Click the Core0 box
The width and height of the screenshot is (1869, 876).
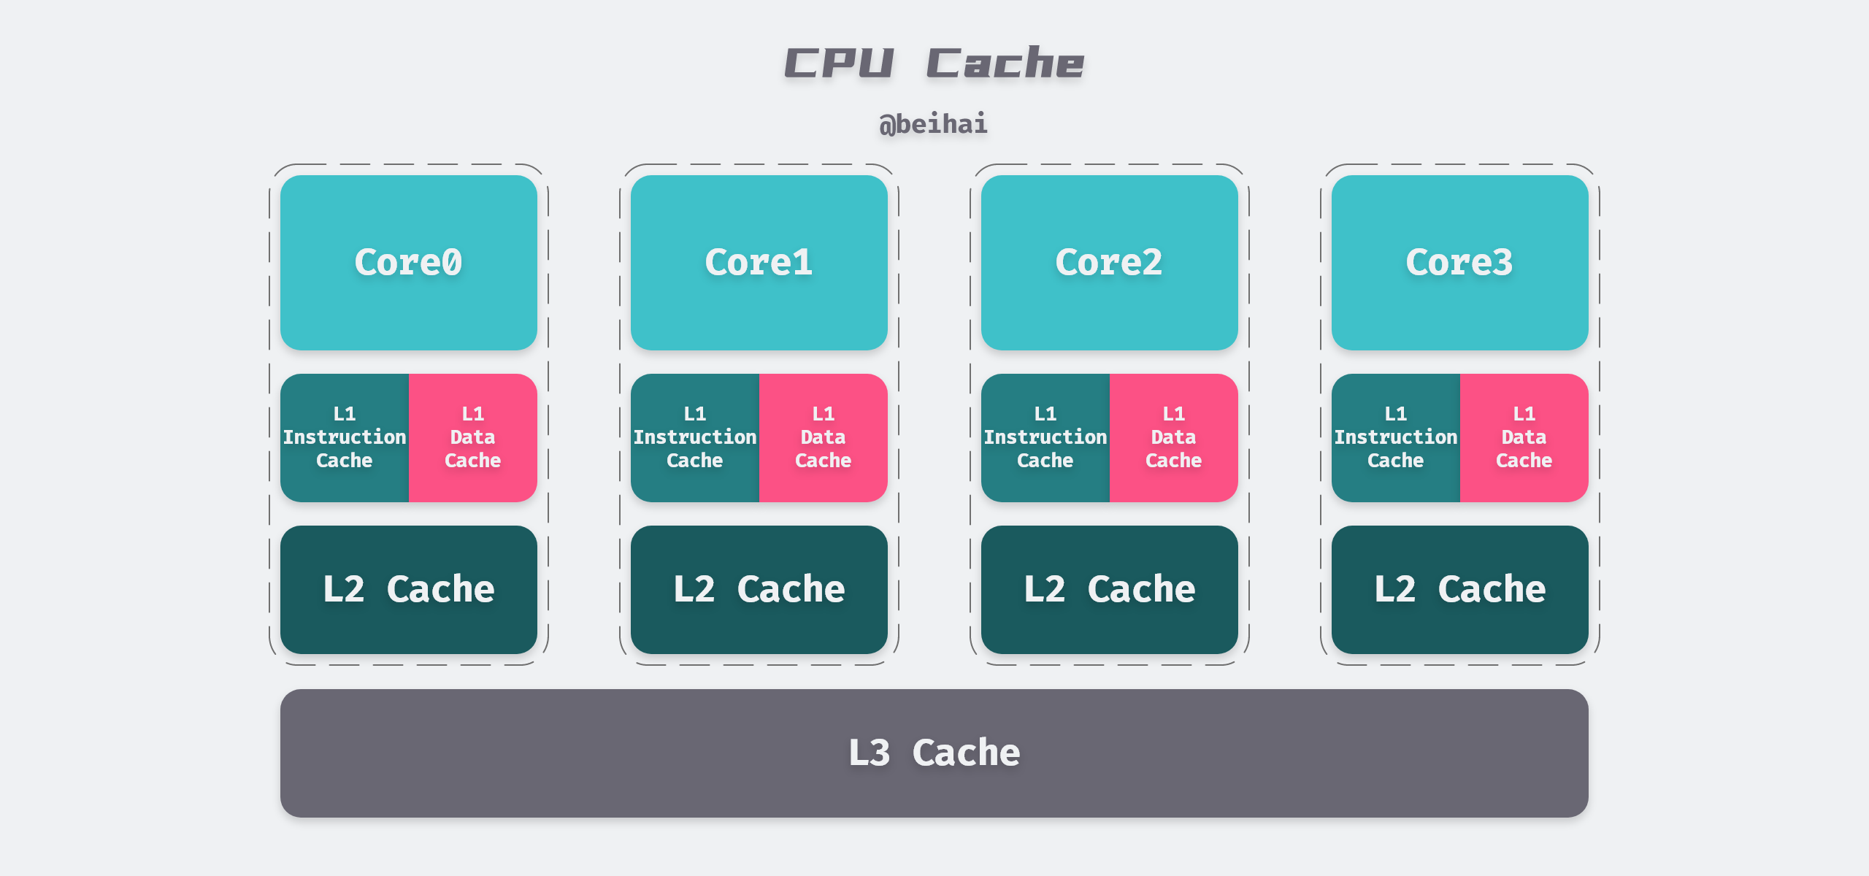pyautogui.click(x=408, y=263)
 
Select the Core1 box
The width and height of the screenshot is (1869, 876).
pyautogui.click(x=759, y=263)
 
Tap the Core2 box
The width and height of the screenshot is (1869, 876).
pyautogui.click(x=1109, y=263)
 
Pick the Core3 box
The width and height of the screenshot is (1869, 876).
pyautogui.click(x=1459, y=263)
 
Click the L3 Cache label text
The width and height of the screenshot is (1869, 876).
pyautogui.click(x=934, y=753)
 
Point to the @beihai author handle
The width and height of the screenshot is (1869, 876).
pyautogui.click(x=933, y=124)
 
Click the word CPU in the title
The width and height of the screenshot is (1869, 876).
pyautogui.click(x=839, y=63)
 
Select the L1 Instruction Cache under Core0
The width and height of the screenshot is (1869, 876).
pyautogui.click(x=344, y=437)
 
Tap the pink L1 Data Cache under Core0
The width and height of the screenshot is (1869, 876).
pyautogui.click(x=472, y=437)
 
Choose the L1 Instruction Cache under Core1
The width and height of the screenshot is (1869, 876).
pyautogui.click(x=694, y=437)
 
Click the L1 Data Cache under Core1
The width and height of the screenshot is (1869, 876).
pyautogui.click(x=823, y=437)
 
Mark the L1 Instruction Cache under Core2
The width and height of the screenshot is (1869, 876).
pyautogui.click(x=1045, y=437)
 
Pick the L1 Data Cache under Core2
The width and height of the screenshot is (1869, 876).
pyautogui.click(x=1173, y=437)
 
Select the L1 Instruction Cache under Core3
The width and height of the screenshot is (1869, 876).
pyautogui.click(x=1395, y=437)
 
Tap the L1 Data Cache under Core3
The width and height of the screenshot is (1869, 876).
pyautogui.click(x=1524, y=437)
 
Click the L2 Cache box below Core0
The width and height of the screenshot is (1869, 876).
pyautogui.click(x=408, y=589)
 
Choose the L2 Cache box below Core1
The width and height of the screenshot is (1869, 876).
pyautogui.click(x=759, y=589)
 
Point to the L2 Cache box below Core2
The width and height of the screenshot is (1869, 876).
pyautogui.click(x=1109, y=589)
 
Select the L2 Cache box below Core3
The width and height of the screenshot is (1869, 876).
pyautogui.click(x=1459, y=589)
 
